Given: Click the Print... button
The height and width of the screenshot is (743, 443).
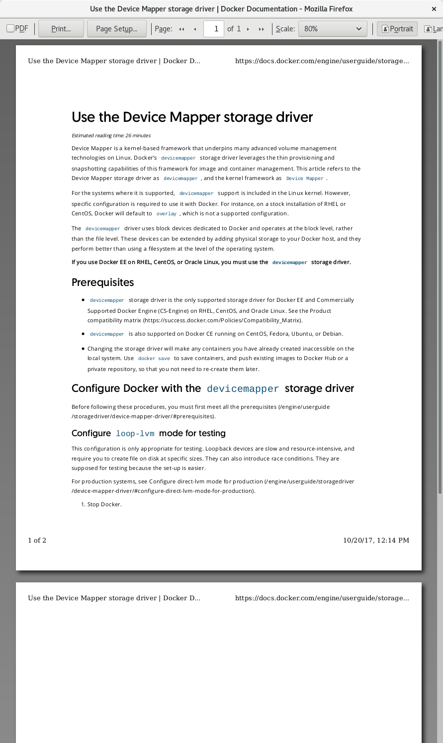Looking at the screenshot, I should click(x=61, y=29).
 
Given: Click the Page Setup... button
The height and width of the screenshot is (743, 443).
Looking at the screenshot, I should click(x=117, y=29).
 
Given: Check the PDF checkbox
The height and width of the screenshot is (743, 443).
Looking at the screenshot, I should click(x=10, y=28).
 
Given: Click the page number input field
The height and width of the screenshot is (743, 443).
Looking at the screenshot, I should click(x=216, y=29).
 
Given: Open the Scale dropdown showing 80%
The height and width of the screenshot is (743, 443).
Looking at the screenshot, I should click(x=333, y=29).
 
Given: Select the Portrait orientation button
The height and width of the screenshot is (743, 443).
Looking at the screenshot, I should click(x=397, y=29).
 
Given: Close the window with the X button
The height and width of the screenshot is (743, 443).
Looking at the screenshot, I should click(x=434, y=9).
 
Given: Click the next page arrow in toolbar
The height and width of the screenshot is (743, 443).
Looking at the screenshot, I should click(x=248, y=29).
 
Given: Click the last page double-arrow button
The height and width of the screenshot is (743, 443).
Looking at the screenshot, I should click(x=262, y=29).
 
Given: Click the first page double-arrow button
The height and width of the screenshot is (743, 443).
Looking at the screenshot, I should click(x=181, y=29).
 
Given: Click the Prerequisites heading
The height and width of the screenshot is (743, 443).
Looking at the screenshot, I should click(x=103, y=282).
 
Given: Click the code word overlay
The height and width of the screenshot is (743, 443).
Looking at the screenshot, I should click(x=166, y=214).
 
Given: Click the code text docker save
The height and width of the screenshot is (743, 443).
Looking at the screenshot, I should click(x=154, y=359).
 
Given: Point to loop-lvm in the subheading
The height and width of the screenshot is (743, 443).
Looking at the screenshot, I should click(x=135, y=434).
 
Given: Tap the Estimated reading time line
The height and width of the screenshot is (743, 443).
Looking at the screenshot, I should click(x=111, y=135).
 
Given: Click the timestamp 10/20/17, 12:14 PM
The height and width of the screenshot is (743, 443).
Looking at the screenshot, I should click(x=376, y=540).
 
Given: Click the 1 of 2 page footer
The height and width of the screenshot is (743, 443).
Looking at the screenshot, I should click(x=37, y=540).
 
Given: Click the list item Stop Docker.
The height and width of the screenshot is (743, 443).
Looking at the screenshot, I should click(x=104, y=504).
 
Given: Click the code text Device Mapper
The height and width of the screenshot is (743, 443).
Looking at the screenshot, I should click(x=304, y=179).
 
